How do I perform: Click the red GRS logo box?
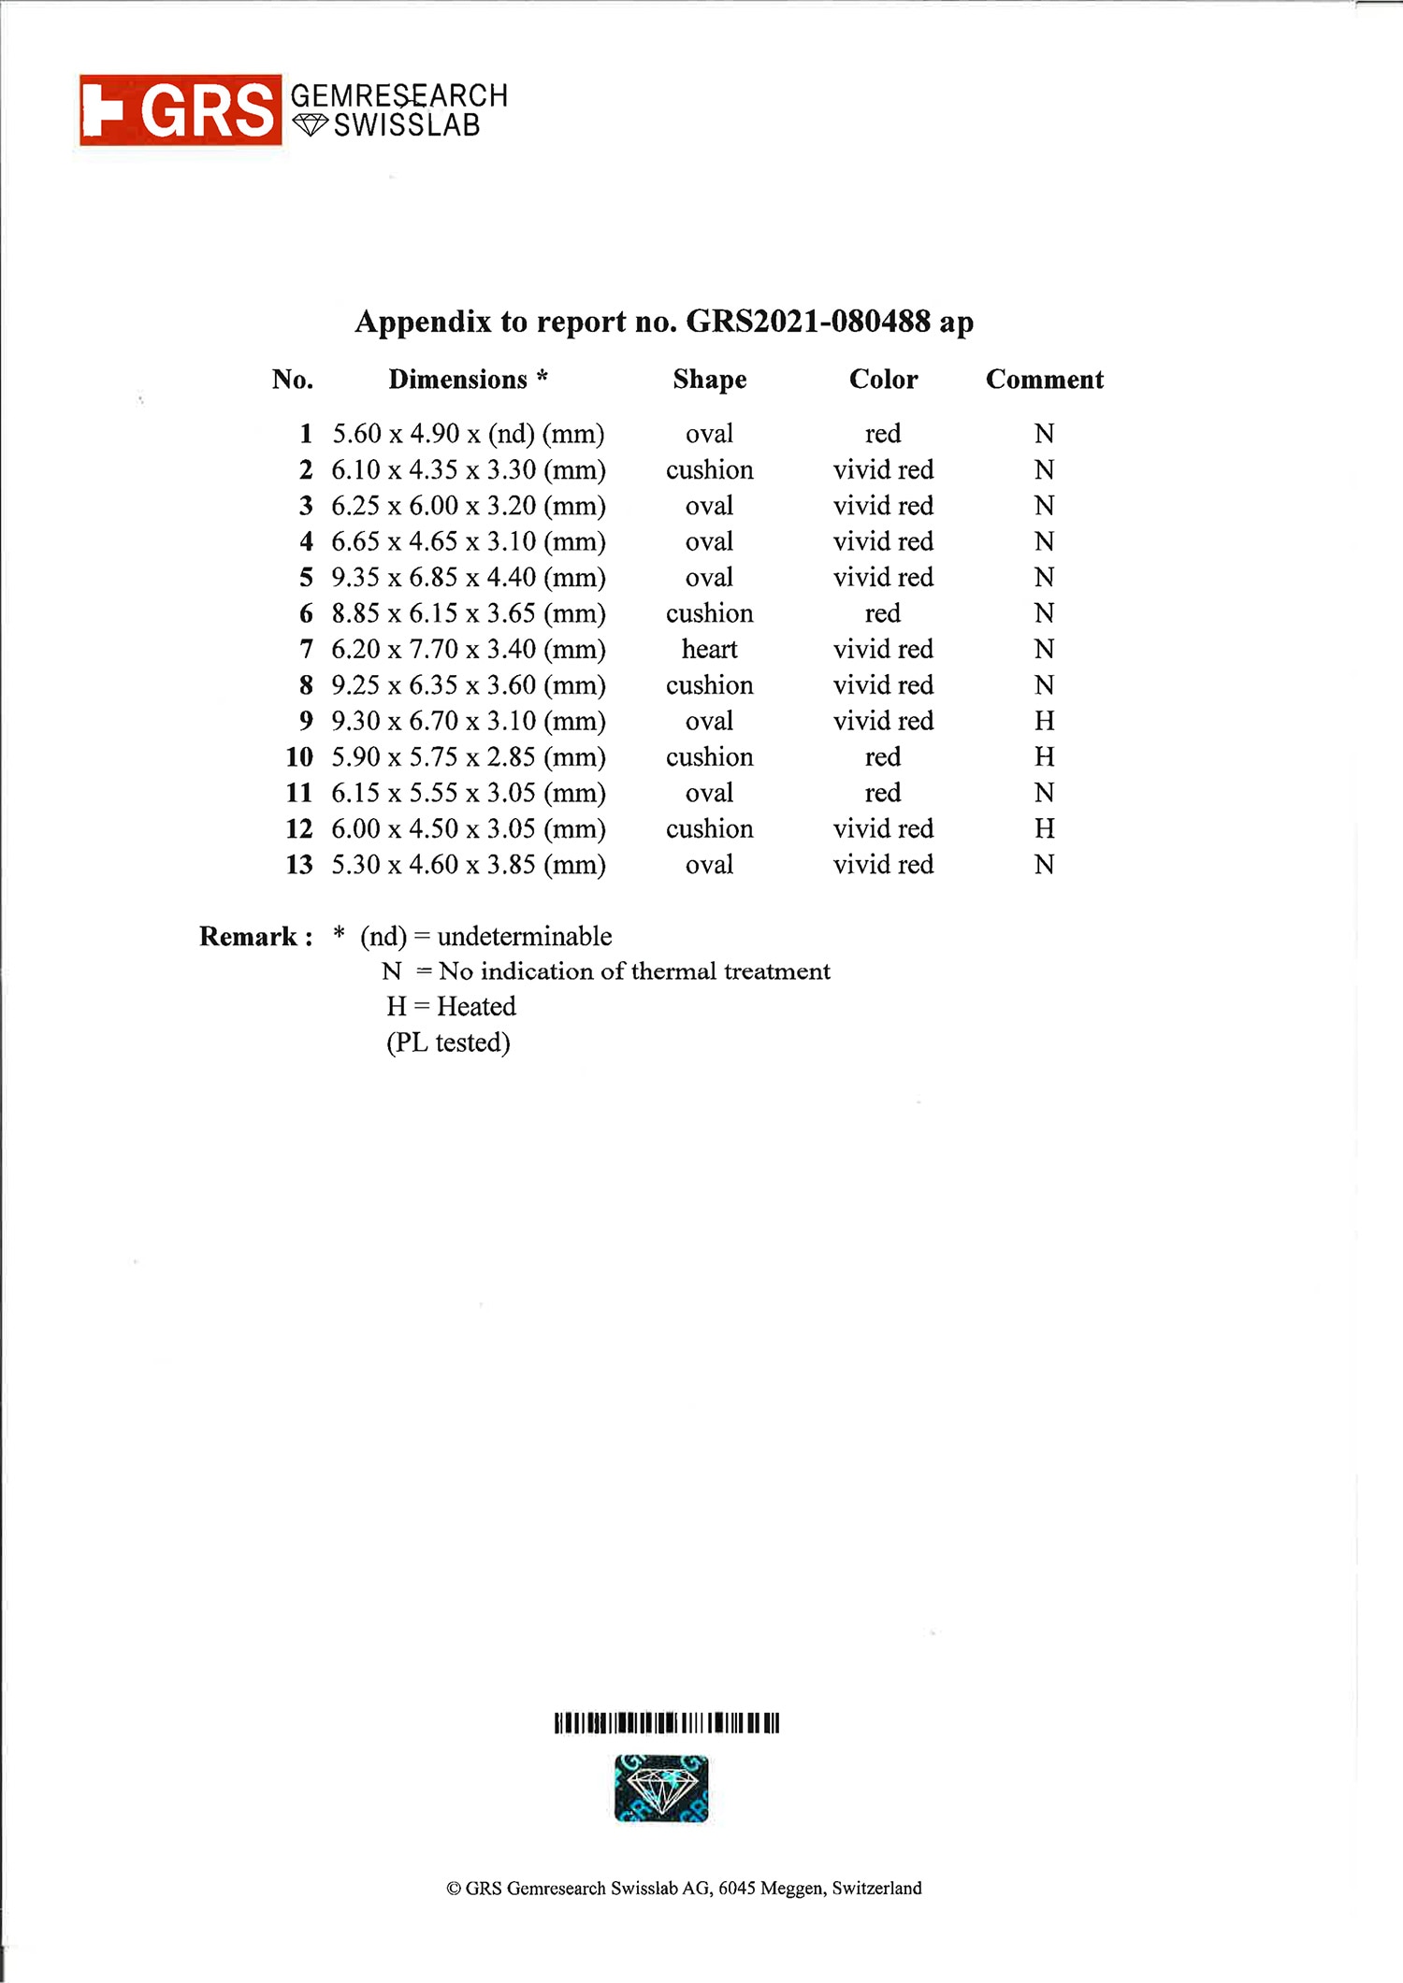coord(181,110)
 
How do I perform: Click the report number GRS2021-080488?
coord(808,322)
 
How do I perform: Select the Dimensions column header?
coord(468,380)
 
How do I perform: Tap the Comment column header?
coord(1044,380)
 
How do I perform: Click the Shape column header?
coord(709,380)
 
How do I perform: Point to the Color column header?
coord(883,380)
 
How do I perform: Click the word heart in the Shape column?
coord(709,649)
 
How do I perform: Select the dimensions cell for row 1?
coord(469,434)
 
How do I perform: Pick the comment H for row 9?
coord(1044,721)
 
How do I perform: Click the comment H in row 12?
coord(1044,828)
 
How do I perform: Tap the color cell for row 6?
coord(883,613)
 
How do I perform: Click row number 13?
coord(299,865)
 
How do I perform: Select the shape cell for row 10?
coord(709,757)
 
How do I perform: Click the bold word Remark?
coord(249,937)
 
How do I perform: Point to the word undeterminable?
coord(525,937)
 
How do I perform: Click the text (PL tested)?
coord(448,1042)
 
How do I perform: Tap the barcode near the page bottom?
coord(666,1722)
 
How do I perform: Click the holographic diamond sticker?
coord(661,1789)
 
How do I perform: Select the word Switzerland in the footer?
coord(876,1888)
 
